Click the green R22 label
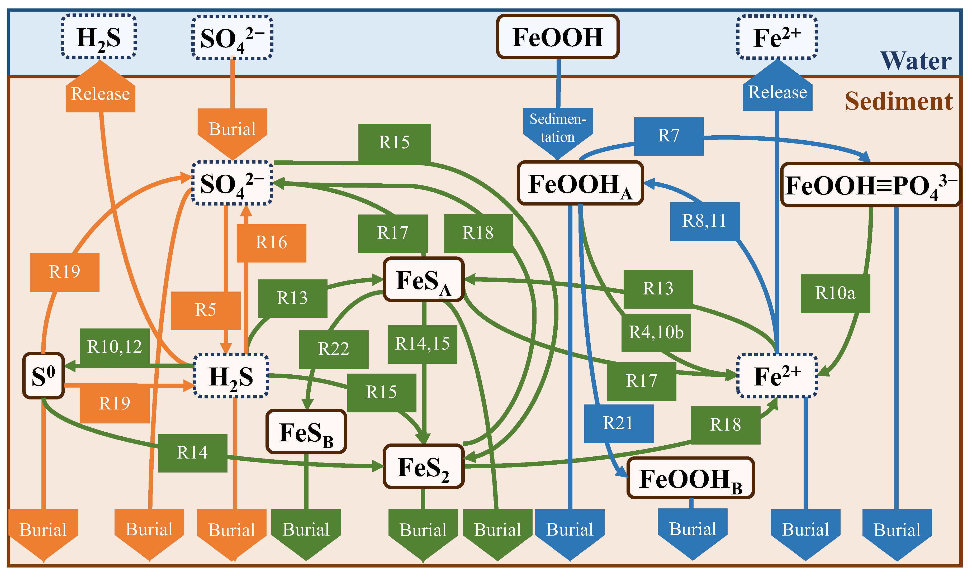(x=333, y=349)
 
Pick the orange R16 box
(x=271, y=243)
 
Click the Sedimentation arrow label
(x=557, y=128)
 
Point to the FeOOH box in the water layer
(x=557, y=37)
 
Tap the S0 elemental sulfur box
(x=43, y=376)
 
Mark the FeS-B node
(x=306, y=432)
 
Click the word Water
(x=916, y=61)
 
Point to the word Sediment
(x=898, y=102)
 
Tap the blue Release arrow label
(x=777, y=93)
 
